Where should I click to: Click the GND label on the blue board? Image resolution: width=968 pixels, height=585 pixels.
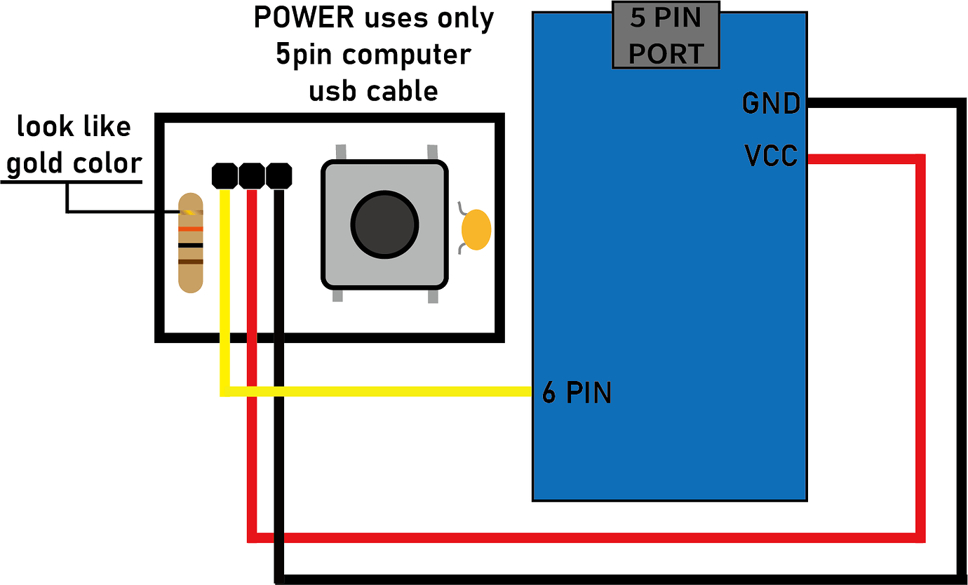[771, 104]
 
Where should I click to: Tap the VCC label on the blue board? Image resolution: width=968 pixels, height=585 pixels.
[771, 156]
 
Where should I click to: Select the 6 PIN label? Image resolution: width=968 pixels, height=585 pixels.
[577, 393]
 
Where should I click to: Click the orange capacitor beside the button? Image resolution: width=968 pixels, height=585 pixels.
[477, 229]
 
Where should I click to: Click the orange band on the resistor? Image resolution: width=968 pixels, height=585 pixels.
[190, 229]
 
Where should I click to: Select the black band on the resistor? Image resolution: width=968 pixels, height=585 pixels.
[190, 245]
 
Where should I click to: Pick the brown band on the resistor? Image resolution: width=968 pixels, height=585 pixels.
[190, 262]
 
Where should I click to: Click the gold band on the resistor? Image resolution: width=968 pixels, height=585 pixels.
[190, 212]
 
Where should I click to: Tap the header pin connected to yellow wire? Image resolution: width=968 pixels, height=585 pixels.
[224, 175]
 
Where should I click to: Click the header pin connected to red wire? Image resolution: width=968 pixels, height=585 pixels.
[251, 175]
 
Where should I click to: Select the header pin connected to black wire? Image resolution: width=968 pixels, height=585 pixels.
[278, 175]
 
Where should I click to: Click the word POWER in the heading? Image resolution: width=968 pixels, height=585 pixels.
[304, 18]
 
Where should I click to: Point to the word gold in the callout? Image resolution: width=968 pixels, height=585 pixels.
[38, 163]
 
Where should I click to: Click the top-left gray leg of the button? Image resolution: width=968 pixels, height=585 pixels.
[341, 152]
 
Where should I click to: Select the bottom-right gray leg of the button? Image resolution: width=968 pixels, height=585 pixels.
[433, 296]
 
